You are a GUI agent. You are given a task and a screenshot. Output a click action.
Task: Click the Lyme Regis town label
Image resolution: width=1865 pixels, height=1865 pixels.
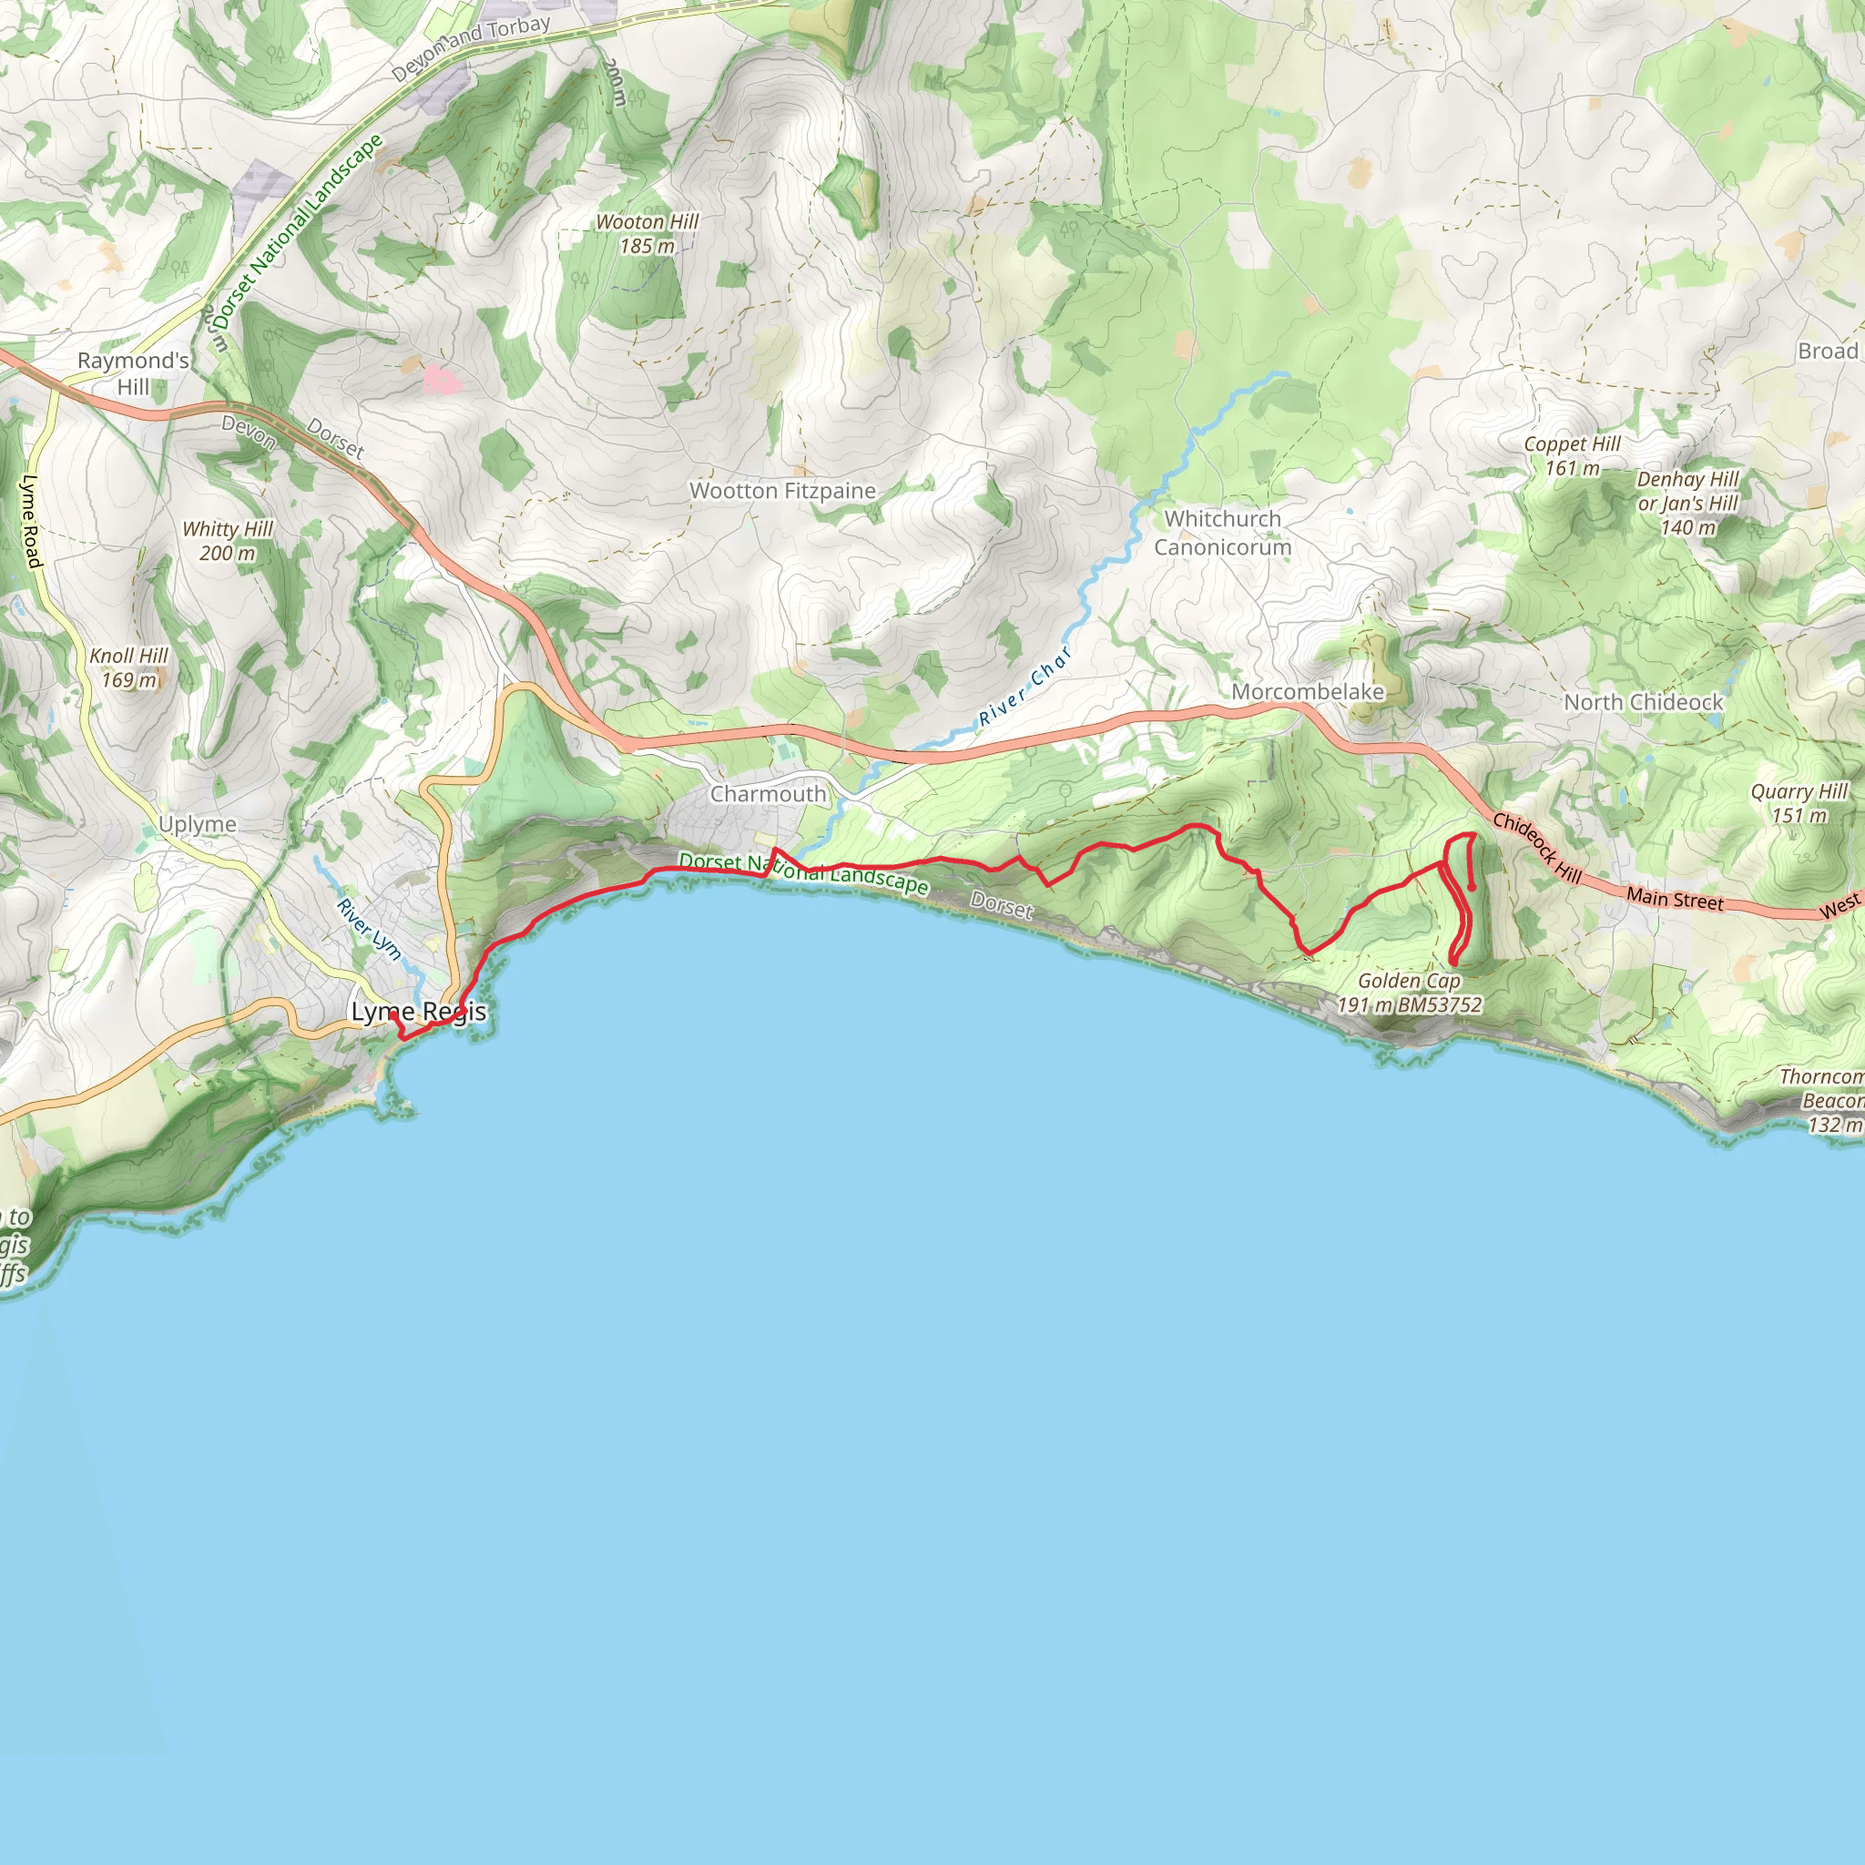pyautogui.click(x=418, y=1012)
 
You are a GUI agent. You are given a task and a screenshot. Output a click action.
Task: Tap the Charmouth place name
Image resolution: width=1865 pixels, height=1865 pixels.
pyautogui.click(x=769, y=794)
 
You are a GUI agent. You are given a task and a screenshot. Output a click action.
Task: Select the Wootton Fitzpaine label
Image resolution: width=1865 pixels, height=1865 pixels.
pyautogui.click(x=782, y=492)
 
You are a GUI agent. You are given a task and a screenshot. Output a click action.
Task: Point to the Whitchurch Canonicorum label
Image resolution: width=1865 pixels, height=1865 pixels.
pyautogui.click(x=1222, y=533)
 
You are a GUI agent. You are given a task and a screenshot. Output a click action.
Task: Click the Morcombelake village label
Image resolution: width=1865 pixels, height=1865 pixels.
pyautogui.click(x=1307, y=692)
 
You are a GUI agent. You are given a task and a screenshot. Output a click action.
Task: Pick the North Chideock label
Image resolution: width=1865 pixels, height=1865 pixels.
pyautogui.click(x=1643, y=703)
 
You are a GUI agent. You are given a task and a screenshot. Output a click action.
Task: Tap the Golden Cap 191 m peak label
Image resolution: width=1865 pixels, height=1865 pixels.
pyautogui.click(x=1409, y=994)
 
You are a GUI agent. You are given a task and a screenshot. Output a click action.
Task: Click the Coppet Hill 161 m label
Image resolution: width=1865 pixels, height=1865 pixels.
pyautogui.click(x=1572, y=456)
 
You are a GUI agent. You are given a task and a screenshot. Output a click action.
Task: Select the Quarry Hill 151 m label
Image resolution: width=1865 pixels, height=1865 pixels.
pyautogui.click(x=1799, y=803)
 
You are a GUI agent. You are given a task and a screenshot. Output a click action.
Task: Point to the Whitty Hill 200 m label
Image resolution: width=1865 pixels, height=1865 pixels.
pyautogui.click(x=228, y=542)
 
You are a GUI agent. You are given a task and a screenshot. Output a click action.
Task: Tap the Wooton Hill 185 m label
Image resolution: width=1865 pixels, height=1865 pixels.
pyautogui.click(x=647, y=235)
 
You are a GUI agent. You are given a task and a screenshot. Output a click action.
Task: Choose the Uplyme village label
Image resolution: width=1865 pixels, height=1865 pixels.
pyautogui.click(x=198, y=824)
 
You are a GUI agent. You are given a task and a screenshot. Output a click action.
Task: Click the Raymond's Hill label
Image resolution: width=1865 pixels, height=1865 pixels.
pyautogui.click(x=133, y=373)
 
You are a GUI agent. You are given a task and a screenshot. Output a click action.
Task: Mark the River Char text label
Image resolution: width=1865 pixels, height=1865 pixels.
pyautogui.click(x=1024, y=688)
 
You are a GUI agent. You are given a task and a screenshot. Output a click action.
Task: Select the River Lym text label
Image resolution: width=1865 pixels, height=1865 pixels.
pyautogui.click(x=369, y=930)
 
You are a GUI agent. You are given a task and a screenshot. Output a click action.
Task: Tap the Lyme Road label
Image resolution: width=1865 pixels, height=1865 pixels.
pyautogui.click(x=32, y=521)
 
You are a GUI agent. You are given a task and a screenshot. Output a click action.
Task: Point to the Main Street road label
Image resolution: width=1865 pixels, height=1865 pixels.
pyautogui.click(x=1674, y=900)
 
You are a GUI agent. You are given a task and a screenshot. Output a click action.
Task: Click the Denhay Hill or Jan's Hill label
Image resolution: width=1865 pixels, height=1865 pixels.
pyautogui.click(x=1687, y=504)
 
